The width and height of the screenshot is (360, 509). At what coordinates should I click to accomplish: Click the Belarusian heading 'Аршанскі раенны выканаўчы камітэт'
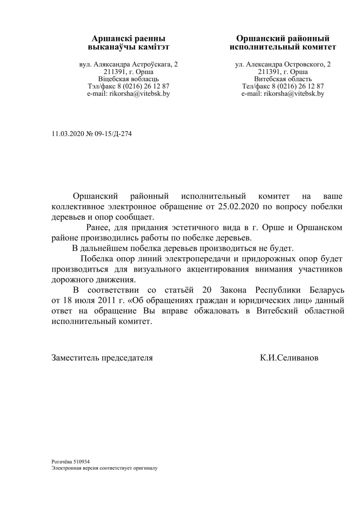coord(128,43)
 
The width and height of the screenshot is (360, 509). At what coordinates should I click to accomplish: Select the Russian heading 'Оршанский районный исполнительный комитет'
coord(283,43)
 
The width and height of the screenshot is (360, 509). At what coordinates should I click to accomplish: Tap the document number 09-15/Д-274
coord(113,134)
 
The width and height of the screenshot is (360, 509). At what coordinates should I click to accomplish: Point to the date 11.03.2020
coord(68,134)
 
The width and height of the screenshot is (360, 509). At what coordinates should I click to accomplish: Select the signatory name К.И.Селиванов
coord(289,357)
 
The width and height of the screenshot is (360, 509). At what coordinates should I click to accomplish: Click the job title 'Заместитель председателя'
coord(102,357)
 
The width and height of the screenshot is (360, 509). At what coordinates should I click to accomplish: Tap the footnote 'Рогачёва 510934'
coord(70,462)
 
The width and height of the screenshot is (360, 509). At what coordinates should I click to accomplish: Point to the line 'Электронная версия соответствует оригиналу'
coord(105,468)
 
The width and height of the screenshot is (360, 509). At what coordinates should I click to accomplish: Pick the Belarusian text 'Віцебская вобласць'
coord(128,79)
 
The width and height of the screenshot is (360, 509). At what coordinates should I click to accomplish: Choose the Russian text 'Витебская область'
coord(283,79)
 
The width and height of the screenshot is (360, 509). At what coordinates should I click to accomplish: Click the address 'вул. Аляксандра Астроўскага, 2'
coord(128,64)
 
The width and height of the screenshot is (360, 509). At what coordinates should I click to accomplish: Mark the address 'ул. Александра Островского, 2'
coord(283,64)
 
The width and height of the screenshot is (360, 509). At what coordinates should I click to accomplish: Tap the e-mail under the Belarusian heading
coord(128,94)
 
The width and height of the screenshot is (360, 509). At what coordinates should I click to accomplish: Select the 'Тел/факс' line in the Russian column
coord(283,86)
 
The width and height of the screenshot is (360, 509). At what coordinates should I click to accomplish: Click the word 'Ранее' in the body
coord(98,228)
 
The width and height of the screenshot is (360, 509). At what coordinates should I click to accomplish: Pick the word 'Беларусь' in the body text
coord(327,289)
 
